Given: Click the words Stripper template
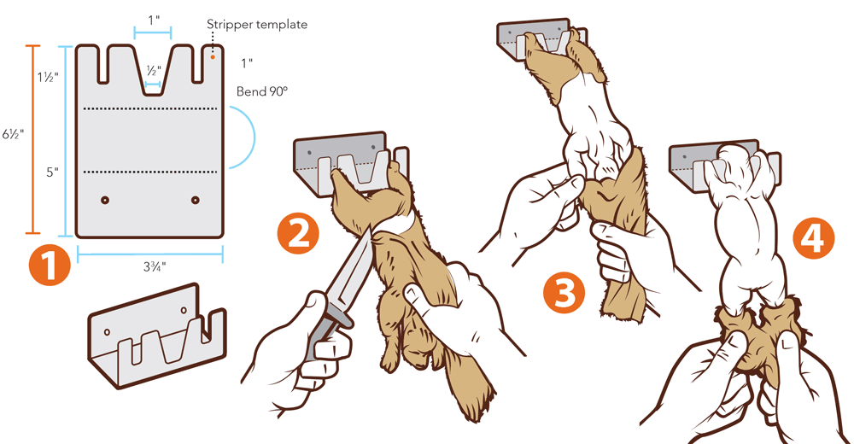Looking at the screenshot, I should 257,25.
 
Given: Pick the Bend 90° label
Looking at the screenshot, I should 261,90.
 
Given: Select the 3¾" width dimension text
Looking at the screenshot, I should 150,266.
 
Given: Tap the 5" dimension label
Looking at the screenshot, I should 52,172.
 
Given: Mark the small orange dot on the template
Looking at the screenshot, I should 213,57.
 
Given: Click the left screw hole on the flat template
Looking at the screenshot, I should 105,200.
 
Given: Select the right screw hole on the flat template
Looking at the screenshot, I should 196,200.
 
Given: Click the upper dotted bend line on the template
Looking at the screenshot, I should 149,108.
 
